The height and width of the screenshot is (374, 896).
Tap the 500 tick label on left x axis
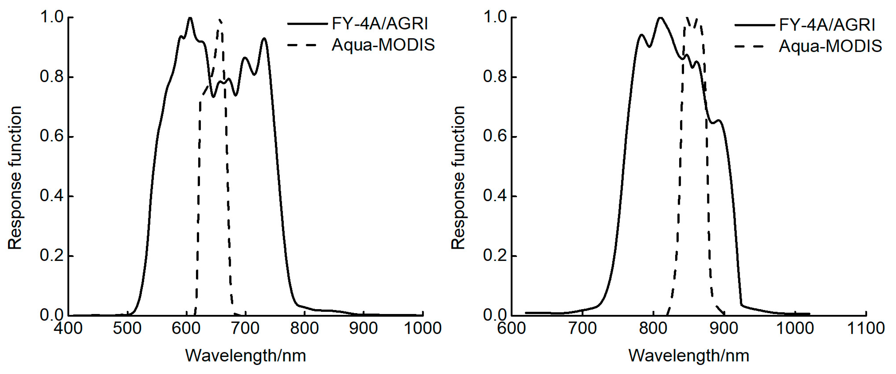click(x=127, y=328)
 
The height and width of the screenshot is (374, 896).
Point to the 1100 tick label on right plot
click(x=866, y=328)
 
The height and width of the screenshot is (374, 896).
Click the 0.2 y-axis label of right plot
click(x=495, y=256)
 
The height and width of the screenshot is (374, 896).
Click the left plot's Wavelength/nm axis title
click(x=245, y=356)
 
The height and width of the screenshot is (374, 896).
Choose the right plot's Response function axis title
click(x=458, y=178)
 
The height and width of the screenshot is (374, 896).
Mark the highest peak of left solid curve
click(x=190, y=18)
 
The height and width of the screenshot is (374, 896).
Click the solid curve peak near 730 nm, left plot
click(x=264, y=39)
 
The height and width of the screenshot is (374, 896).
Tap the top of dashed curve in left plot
click(x=219, y=20)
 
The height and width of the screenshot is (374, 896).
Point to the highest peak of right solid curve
click(x=660, y=18)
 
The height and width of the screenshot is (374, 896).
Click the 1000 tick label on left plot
click(x=423, y=328)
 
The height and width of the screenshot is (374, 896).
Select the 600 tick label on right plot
click(x=511, y=328)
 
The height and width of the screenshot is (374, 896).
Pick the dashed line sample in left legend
click(x=302, y=45)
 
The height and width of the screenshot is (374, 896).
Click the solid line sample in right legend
click(x=754, y=25)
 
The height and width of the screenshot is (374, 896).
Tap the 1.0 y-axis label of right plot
click(x=495, y=17)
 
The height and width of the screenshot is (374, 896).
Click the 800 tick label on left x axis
click(x=304, y=328)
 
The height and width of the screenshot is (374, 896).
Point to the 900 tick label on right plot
click(x=724, y=328)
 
